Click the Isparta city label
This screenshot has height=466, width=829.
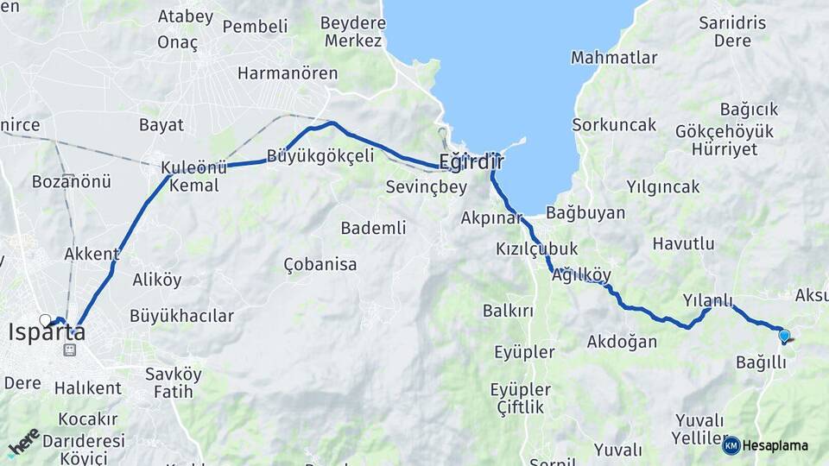[x=47, y=332]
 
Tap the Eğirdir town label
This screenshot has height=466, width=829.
[x=471, y=161]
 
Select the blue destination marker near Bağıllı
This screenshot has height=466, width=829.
[x=783, y=336]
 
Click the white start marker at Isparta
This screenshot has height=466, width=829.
[x=45, y=320]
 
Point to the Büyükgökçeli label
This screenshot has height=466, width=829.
[x=320, y=156]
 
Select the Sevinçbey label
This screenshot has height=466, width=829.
[x=426, y=186]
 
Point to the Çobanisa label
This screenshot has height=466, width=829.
[x=320, y=265]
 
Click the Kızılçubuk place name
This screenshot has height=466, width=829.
[x=536, y=249]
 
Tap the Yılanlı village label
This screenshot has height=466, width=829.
[x=707, y=301]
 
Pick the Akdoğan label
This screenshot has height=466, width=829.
[x=622, y=342]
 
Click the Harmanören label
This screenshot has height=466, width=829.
[x=288, y=73]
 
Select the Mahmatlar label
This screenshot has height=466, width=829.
[x=614, y=58]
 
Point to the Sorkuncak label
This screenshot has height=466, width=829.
[x=614, y=125]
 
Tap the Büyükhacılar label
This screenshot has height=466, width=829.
[x=181, y=316]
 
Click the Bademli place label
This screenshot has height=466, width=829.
[x=373, y=228]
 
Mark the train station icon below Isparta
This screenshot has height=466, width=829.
[x=69, y=350]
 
